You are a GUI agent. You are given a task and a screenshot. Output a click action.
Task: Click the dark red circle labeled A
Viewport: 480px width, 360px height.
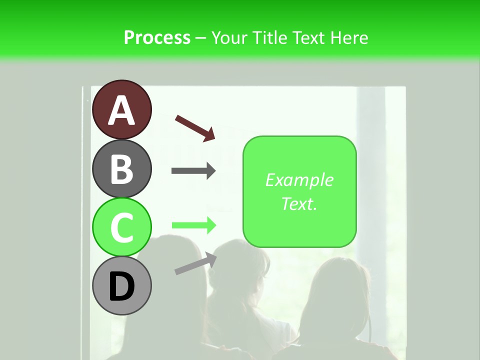tap(121, 109)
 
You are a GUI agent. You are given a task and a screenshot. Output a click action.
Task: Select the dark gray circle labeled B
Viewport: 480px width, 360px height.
tap(121, 168)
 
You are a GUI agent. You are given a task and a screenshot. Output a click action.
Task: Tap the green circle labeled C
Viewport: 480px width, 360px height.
tap(121, 227)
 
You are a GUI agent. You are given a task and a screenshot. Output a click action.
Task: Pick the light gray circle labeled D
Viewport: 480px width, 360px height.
tap(121, 286)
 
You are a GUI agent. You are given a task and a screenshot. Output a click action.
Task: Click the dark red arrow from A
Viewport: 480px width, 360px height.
tap(195, 127)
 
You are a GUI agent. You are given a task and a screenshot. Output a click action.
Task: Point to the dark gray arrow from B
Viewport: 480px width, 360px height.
tap(193, 171)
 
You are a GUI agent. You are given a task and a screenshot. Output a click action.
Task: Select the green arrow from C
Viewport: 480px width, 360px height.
tap(193, 225)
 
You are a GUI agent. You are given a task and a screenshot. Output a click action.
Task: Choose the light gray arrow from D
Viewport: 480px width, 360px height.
tap(195, 263)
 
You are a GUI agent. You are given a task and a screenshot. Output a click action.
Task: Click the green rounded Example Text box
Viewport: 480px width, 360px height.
tap(299, 192)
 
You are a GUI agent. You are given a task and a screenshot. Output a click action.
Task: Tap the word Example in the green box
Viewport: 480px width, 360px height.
tap(299, 180)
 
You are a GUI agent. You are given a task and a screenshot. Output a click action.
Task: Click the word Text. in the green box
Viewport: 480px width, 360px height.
tap(299, 204)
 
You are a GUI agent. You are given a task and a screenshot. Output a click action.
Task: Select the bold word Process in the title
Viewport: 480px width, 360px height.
tap(157, 37)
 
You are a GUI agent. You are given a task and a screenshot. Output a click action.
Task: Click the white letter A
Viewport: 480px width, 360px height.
tap(121, 110)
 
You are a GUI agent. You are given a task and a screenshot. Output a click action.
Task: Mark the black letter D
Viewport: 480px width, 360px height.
tap(121, 287)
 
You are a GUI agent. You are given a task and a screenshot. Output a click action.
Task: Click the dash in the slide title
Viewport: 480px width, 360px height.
tap(201, 38)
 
